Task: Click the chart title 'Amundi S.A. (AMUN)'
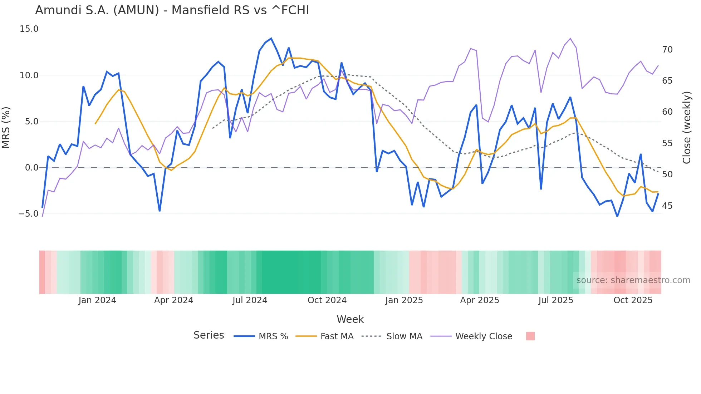(172, 10)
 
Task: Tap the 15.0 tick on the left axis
(29, 29)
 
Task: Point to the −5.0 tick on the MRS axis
(29, 214)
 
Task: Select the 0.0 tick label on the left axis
(31, 168)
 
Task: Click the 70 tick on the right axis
(667, 50)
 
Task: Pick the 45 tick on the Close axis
(667, 206)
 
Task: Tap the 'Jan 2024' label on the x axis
(97, 300)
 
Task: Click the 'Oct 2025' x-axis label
(633, 300)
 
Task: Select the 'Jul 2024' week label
(250, 300)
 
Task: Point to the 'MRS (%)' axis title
(6, 128)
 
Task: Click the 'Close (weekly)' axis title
(686, 128)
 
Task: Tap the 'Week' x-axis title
(350, 319)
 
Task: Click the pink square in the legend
(530, 336)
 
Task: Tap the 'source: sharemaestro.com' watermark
(633, 280)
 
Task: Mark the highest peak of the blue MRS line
(271, 39)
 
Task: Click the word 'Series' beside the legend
(209, 335)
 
